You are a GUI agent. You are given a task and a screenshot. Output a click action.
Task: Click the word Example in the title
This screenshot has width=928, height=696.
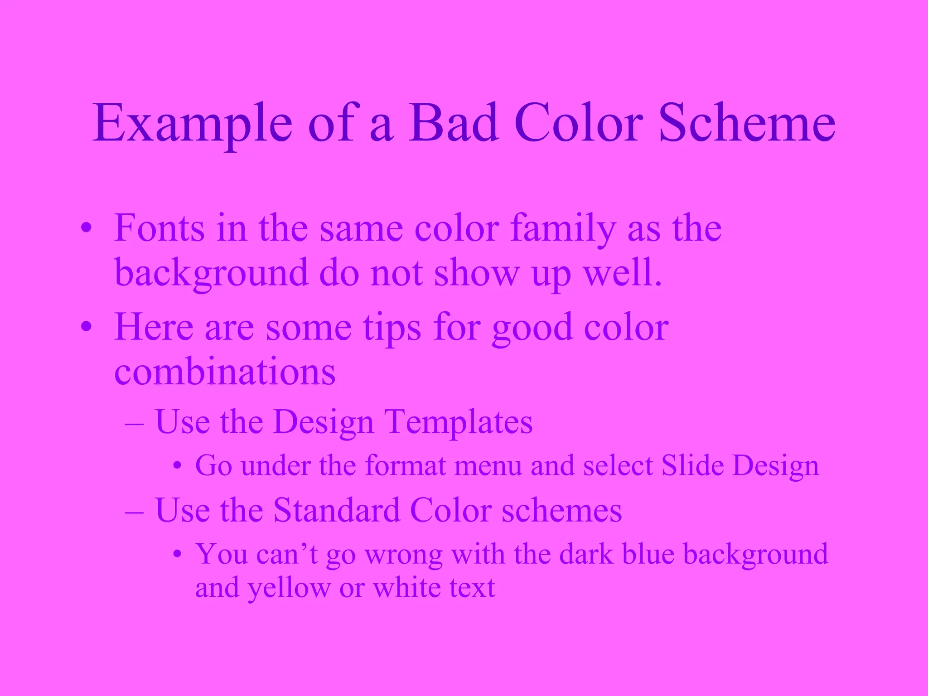coord(192,123)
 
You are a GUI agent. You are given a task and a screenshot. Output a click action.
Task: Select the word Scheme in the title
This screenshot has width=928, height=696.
coord(747,123)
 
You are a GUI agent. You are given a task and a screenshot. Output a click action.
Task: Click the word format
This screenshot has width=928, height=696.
coord(405,465)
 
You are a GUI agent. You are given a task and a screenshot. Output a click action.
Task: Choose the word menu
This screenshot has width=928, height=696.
coord(488,466)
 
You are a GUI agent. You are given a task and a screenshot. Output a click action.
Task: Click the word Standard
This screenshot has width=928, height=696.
coord(337,510)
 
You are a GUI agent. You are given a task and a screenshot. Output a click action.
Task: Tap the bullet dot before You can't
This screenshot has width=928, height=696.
coord(178,555)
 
